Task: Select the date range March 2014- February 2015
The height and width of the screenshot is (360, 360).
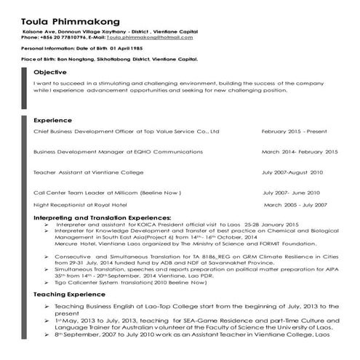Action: point(299,152)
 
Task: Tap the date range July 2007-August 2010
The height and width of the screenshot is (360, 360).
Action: point(292,172)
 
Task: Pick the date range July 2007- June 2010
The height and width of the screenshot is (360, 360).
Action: point(291,193)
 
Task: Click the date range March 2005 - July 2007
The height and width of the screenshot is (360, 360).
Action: point(292,205)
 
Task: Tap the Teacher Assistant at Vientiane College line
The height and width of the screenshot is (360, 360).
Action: point(95,172)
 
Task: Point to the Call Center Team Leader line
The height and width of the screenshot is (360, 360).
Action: point(106,193)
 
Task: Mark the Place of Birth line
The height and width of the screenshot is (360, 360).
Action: point(109,58)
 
